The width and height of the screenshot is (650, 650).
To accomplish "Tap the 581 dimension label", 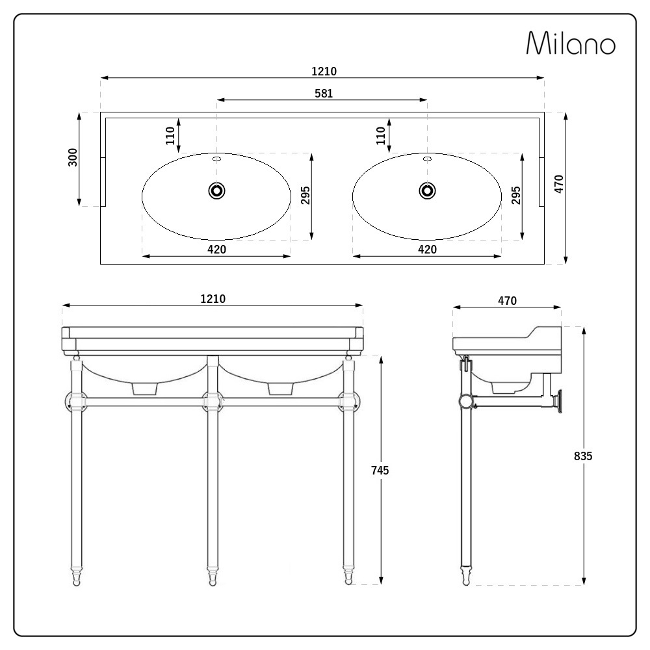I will click(x=324, y=93).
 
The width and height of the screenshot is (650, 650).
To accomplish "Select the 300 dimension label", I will click(x=73, y=157).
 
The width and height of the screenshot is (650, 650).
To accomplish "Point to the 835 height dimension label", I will click(x=583, y=456).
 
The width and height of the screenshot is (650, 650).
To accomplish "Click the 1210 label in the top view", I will click(x=324, y=71).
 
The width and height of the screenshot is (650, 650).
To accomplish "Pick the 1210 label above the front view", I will click(x=213, y=298).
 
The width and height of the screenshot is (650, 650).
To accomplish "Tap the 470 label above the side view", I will click(x=507, y=300).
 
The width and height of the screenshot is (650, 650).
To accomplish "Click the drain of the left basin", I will click(x=216, y=190).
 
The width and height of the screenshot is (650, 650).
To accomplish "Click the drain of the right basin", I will click(x=427, y=190).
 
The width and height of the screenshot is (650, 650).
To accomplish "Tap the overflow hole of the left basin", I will click(x=216, y=158).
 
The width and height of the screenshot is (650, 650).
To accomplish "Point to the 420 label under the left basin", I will click(x=216, y=250).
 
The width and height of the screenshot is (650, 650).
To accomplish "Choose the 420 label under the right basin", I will click(x=427, y=250).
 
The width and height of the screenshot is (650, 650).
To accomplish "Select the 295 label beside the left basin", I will click(x=306, y=195).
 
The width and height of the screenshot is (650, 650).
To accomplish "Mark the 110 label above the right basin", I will click(x=382, y=135).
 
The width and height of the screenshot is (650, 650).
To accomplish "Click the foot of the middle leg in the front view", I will click(x=213, y=577).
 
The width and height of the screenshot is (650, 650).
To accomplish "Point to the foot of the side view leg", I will click(x=466, y=576).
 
